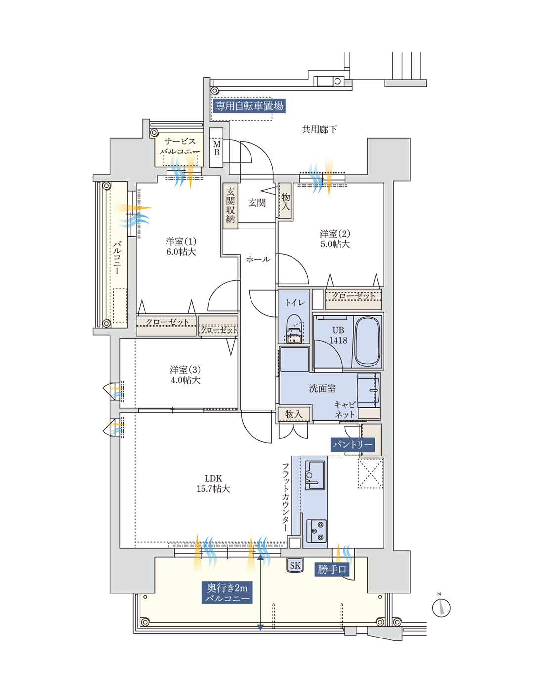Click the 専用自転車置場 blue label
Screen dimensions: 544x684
(249, 106)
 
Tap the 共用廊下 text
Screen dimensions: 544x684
(319, 130)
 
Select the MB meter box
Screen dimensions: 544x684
(216, 148)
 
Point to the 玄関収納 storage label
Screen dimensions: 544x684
(230, 205)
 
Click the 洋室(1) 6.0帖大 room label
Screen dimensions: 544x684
(181, 247)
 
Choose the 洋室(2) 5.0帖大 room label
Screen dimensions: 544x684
(335, 239)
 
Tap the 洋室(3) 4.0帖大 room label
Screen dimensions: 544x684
(185, 375)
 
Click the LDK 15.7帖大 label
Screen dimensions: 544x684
(213, 483)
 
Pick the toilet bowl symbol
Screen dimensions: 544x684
(294, 329)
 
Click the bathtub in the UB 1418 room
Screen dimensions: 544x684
(367, 342)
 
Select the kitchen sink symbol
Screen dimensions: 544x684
(315, 475)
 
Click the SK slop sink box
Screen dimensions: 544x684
(295, 565)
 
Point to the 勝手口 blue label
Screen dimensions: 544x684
(332, 569)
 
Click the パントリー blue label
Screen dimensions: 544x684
(352, 444)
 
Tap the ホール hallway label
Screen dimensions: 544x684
(258, 259)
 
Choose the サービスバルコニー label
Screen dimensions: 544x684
(179, 146)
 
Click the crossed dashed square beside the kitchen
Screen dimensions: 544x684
(371, 473)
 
